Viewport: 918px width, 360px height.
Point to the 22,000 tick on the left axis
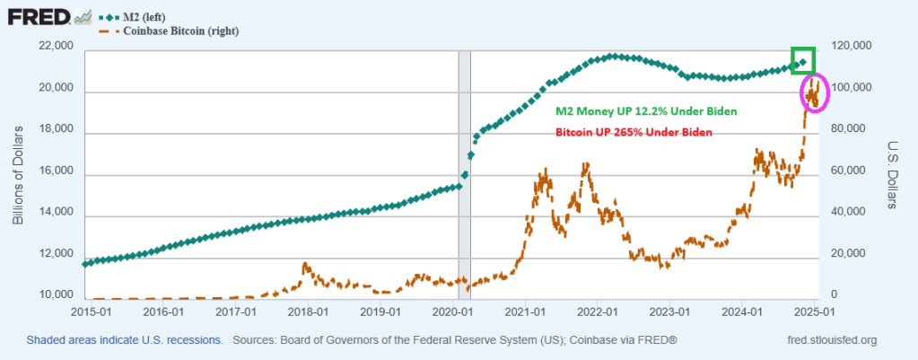[x=55, y=48]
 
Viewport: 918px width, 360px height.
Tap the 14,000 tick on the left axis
[x=55, y=215]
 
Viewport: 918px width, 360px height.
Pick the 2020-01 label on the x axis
[x=454, y=312]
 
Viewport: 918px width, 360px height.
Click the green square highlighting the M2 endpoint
[x=802, y=60]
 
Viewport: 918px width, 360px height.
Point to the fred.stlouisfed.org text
[x=829, y=341]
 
